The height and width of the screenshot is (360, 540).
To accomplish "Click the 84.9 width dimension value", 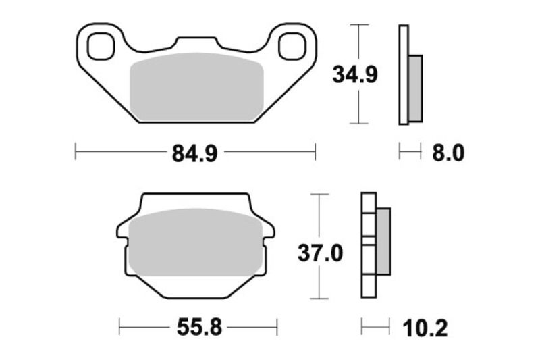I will click(x=194, y=153).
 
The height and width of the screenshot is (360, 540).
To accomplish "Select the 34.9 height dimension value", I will click(x=355, y=74).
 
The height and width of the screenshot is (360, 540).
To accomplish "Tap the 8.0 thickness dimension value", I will click(x=448, y=153).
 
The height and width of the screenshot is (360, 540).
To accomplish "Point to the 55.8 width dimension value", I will click(x=198, y=328).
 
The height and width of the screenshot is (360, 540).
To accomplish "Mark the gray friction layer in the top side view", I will click(x=416, y=88).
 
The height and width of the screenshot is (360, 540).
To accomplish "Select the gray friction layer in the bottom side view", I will click(x=383, y=241).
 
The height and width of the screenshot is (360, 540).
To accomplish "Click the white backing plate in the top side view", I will click(x=404, y=74).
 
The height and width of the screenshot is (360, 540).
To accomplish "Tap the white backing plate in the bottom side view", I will click(x=368, y=270).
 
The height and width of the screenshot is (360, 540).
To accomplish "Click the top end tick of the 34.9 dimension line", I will click(x=358, y=25).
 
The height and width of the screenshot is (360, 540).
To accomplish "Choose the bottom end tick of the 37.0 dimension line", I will click(x=319, y=299).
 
